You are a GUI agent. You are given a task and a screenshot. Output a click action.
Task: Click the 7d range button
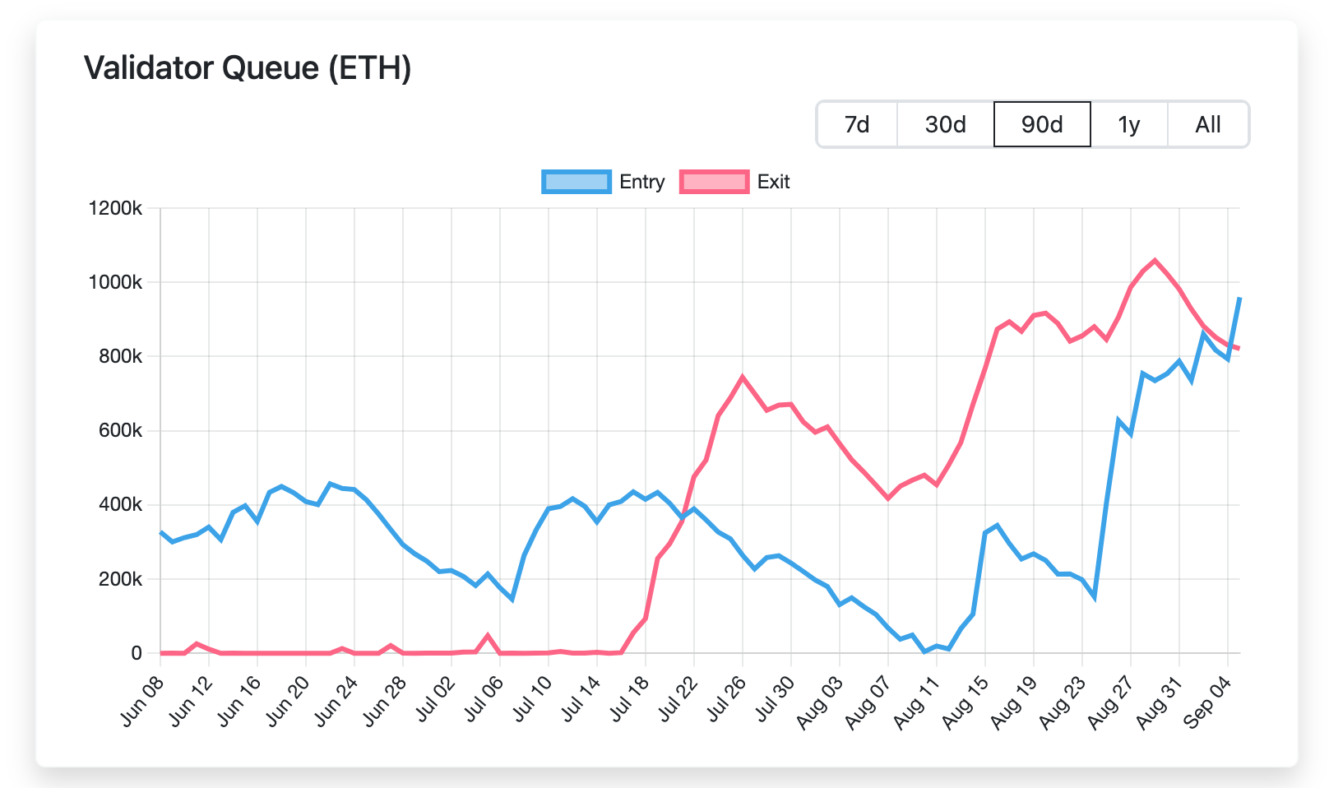point(857,125)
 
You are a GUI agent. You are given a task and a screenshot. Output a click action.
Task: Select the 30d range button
point(945,125)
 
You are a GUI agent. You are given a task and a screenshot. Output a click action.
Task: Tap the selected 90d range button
point(1042,125)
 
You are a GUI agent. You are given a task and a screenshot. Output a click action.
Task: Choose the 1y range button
point(1129,125)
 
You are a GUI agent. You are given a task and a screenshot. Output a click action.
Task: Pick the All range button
point(1207,125)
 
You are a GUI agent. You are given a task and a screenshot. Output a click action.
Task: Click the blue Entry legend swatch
point(577,182)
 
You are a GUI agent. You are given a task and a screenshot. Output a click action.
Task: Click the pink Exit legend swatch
point(714,182)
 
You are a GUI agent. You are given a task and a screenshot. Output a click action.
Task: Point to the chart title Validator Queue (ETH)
point(248,67)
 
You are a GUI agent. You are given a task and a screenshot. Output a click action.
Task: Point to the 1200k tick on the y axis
point(115,208)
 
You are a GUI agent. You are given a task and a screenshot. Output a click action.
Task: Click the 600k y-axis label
point(120,431)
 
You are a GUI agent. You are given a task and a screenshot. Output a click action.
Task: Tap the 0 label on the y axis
point(137,653)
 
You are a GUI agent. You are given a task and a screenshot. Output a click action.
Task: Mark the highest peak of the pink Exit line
point(1155,260)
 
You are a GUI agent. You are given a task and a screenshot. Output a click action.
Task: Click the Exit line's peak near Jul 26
point(743,377)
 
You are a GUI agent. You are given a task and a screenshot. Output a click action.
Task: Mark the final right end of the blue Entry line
point(1239,298)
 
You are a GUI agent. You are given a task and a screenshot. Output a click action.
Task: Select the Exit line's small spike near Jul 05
point(488,635)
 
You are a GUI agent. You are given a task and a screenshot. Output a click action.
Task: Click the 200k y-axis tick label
point(120,579)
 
